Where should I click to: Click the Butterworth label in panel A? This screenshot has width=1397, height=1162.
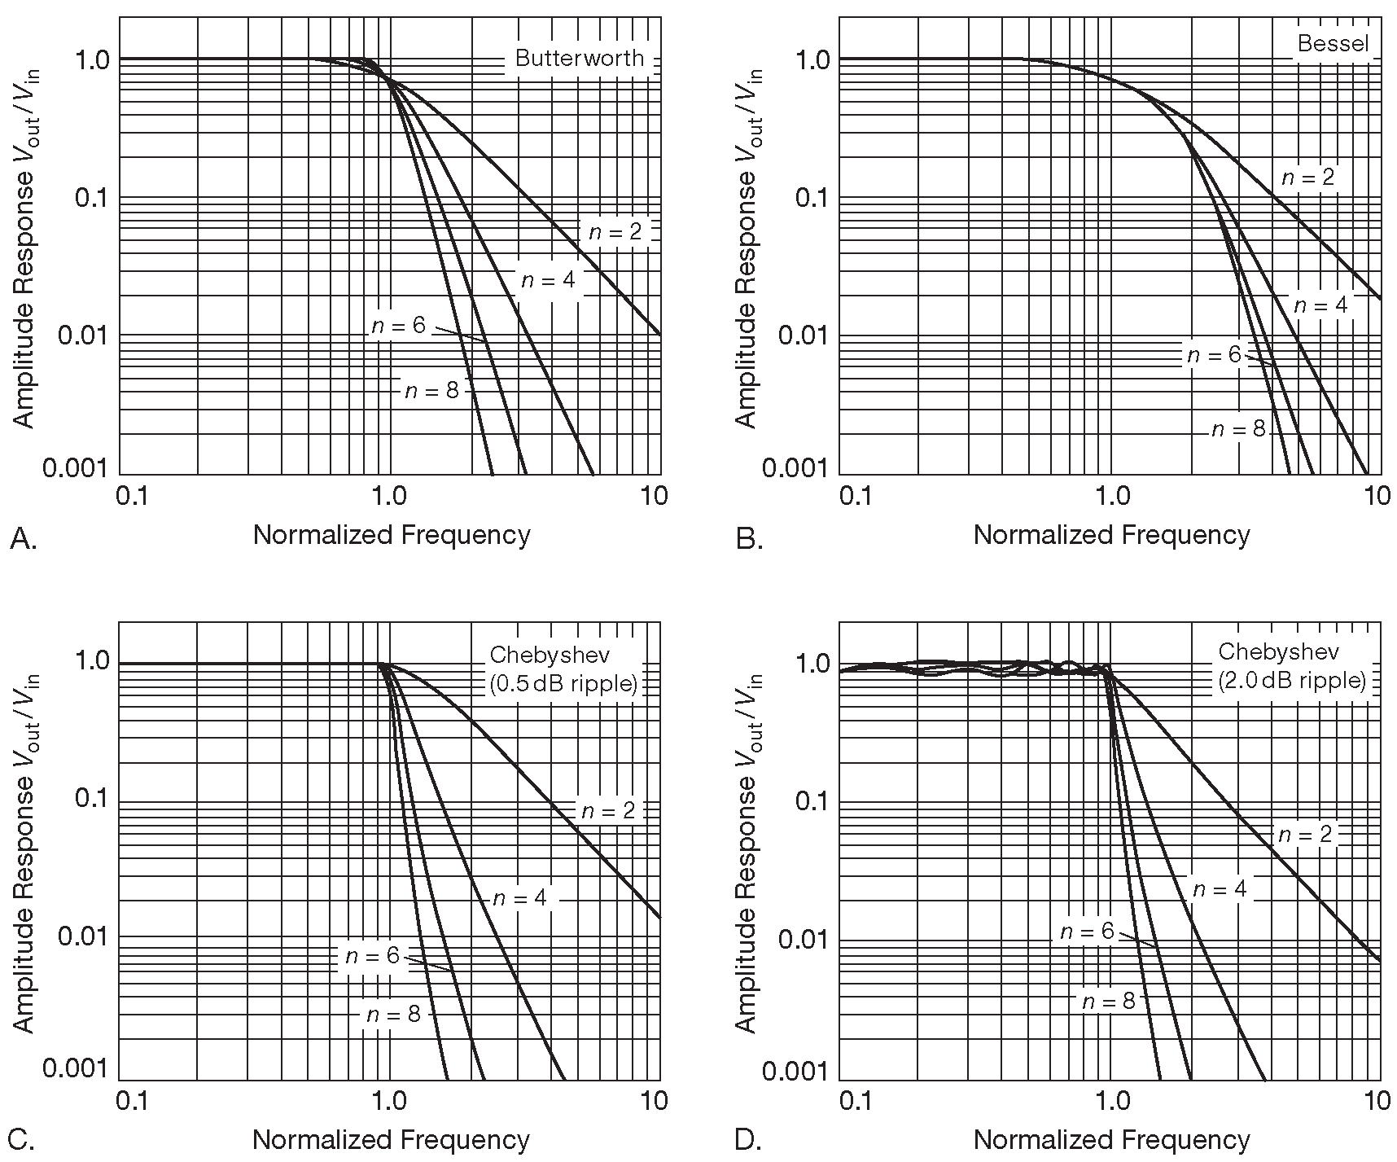click(579, 59)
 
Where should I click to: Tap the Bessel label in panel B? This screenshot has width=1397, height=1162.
click(1333, 43)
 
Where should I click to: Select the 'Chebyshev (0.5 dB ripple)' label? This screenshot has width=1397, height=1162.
click(563, 669)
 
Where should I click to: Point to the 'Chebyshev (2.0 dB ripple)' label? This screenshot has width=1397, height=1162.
click(1291, 665)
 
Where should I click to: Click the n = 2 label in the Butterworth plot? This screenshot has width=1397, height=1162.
click(615, 232)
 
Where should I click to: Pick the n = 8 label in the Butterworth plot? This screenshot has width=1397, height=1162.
click(431, 391)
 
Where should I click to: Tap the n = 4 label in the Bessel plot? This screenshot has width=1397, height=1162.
click(1320, 305)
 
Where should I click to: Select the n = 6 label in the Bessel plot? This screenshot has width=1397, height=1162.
click(1214, 355)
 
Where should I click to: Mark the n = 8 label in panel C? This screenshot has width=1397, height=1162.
click(394, 1014)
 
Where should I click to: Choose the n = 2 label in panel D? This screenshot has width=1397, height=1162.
click(1305, 835)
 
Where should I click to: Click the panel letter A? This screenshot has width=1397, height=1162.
click(24, 538)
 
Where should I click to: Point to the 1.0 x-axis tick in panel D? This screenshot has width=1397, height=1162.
click(1113, 1101)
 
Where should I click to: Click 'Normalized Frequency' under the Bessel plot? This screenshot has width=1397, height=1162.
click(1111, 535)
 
